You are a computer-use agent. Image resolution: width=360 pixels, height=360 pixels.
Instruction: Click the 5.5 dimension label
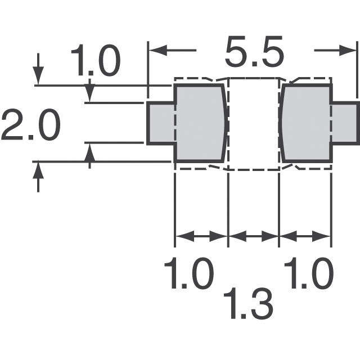click(x=254, y=51)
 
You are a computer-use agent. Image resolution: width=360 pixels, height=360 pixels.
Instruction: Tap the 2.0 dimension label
click(x=31, y=125)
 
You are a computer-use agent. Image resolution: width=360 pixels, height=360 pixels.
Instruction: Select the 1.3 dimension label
click(x=249, y=303)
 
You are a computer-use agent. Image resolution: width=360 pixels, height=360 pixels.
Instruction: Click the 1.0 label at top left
click(x=96, y=60)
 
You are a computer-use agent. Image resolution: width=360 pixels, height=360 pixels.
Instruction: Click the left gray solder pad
click(x=200, y=123)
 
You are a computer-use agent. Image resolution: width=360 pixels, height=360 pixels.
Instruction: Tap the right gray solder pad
click(x=307, y=123)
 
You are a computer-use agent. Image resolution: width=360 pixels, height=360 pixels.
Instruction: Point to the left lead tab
click(x=161, y=123)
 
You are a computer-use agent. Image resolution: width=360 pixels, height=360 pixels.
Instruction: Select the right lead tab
click(x=345, y=123)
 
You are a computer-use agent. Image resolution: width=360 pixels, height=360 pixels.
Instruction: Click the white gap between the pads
click(x=254, y=124)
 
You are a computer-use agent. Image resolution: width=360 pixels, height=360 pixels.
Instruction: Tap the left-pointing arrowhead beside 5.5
click(x=158, y=50)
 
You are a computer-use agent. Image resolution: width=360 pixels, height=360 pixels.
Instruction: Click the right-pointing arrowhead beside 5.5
click(x=347, y=50)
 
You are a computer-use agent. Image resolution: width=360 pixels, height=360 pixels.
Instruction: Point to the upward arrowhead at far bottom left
click(x=38, y=171)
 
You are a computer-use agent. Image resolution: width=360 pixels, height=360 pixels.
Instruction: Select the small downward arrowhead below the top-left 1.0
click(x=90, y=93)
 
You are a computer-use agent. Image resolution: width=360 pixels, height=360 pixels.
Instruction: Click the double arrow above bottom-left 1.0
click(x=201, y=236)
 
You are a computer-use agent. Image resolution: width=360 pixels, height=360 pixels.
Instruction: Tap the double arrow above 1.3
click(x=254, y=236)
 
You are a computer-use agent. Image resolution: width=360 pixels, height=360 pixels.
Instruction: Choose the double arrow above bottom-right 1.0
click(x=305, y=236)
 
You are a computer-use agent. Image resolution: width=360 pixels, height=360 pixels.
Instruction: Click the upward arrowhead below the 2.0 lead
click(x=90, y=152)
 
